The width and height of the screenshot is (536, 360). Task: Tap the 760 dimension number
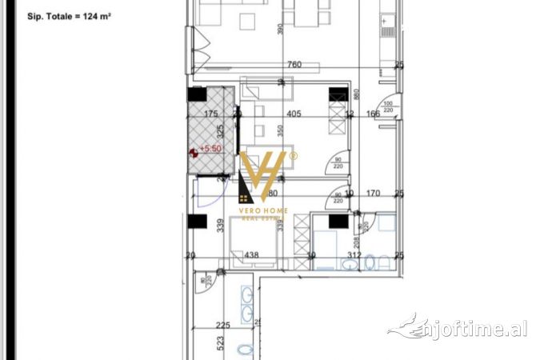(x=294, y=65)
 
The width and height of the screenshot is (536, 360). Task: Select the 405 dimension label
(x=292, y=114)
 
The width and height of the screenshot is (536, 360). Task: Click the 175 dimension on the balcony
(x=212, y=114)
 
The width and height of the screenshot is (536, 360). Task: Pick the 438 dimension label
(x=251, y=255)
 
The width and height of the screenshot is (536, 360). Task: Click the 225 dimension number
(x=223, y=325)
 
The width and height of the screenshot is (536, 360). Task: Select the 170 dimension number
(x=372, y=193)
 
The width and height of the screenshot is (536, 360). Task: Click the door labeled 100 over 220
(x=389, y=107)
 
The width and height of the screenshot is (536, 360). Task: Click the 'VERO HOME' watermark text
(x=264, y=210)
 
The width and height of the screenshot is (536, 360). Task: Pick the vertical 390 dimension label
(x=280, y=29)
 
